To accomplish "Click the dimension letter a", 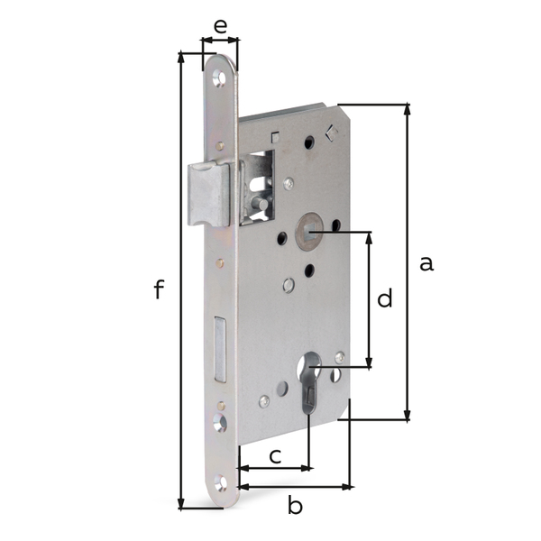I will click(426, 263).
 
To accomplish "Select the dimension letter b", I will click(295, 506).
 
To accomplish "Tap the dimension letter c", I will click(276, 456).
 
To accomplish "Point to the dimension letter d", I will click(385, 298).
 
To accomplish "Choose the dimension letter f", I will click(160, 290).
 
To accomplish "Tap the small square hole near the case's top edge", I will click(274, 135).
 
